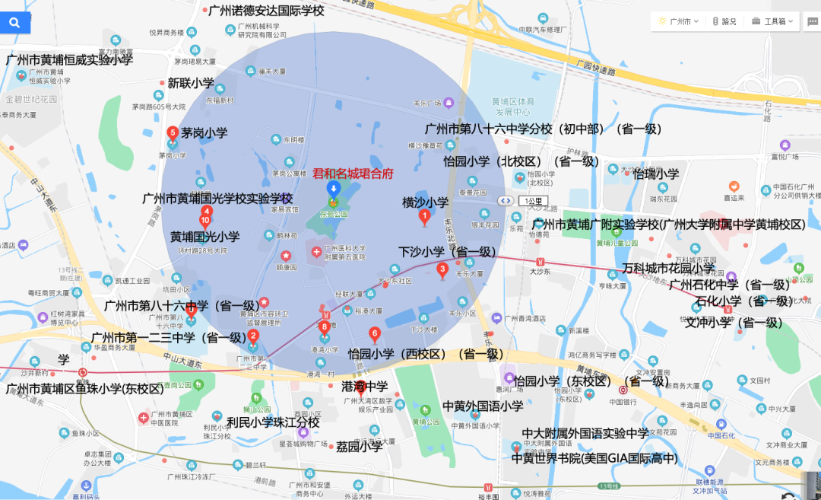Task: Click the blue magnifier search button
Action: (15, 23)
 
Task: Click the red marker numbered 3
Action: (442, 269)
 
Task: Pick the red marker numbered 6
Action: (374, 333)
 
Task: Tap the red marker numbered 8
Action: (325, 327)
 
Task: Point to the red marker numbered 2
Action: (253, 336)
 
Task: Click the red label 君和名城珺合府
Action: (353, 174)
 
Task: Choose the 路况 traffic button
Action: (724, 21)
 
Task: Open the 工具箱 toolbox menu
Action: (769, 21)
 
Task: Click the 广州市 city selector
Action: (677, 21)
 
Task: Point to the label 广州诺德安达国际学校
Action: (266, 11)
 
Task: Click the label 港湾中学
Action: (365, 386)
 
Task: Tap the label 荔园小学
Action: (360, 447)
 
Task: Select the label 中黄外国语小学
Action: (483, 406)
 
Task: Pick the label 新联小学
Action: (191, 83)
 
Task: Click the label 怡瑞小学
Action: (656, 174)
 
